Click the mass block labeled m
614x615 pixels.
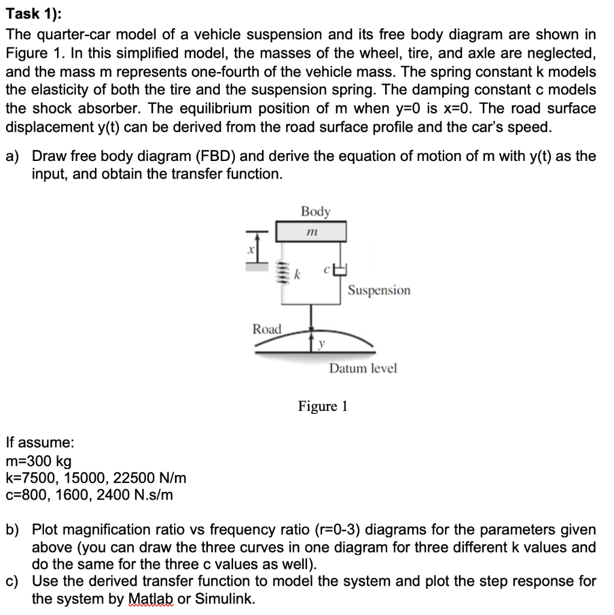coord(311,232)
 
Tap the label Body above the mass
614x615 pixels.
coord(315,211)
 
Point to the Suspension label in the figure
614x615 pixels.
coord(379,291)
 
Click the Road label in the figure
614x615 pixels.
coord(267,329)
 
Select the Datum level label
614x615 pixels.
coord(363,368)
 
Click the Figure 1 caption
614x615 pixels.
coord(323,407)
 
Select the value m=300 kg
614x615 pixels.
coord(38,461)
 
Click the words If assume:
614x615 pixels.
coord(40,443)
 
